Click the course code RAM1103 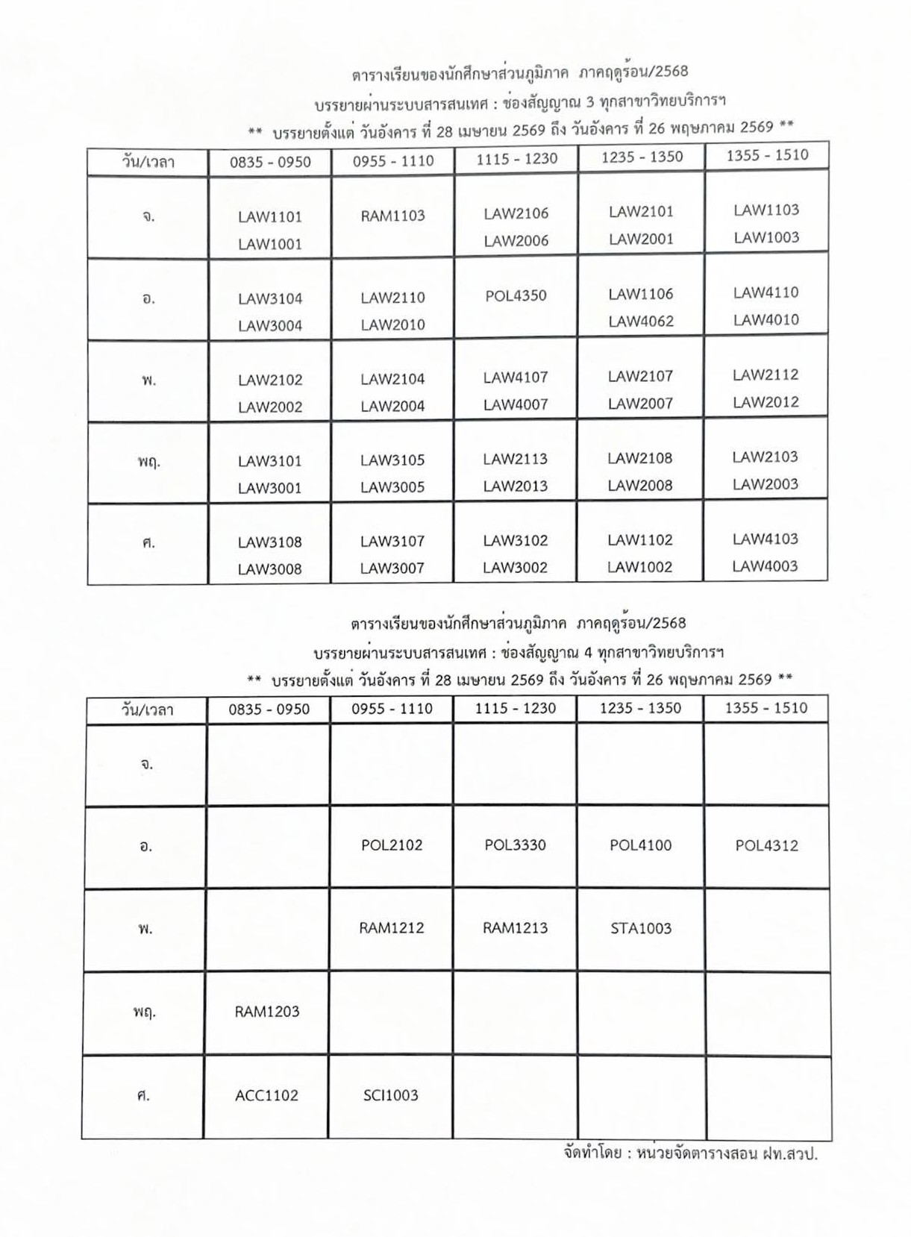[x=392, y=216]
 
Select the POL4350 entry [x=516, y=295]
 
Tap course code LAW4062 [x=641, y=322]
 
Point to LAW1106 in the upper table [x=641, y=294]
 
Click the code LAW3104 [x=270, y=299]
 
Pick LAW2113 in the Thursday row [x=515, y=460]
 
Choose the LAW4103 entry [x=765, y=539]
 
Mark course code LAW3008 [x=269, y=569]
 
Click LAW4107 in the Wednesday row [x=515, y=378]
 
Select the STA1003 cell [x=640, y=928]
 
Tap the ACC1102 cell [x=266, y=1095]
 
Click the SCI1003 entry [x=391, y=1095]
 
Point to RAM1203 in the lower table [x=266, y=1012]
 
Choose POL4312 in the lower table [x=766, y=845]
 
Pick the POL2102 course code [x=392, y=845]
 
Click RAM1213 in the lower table [x=515, y=928]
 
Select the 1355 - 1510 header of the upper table [x=767, y=155]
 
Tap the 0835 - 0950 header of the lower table [x=269, y=709]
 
